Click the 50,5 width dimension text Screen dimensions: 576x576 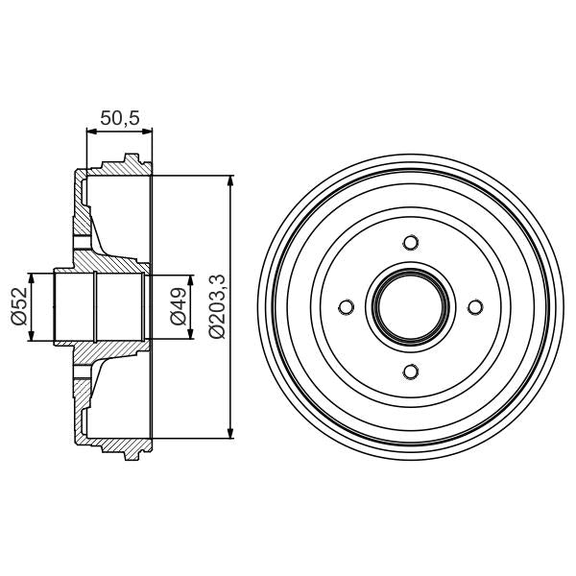pyautogui.click(x=120, y=118)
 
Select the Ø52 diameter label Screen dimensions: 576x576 pyautogui.click(x=18, y=306)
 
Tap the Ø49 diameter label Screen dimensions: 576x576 pyautogui.click(x=177, y=306)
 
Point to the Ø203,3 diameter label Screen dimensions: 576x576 pyautogui.click(x=216, y=306)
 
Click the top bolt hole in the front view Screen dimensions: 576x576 pyautogui.click(x=411, y=241)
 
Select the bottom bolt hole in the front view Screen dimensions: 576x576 pyautogui.click(x=411, y=372)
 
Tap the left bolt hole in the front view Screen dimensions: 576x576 pyautogui.click(x=347, y=306)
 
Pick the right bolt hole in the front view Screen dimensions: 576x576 pyautogui.click(x=475, y=306)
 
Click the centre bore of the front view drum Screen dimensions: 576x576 pyautogui.click(x=411, y=306)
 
